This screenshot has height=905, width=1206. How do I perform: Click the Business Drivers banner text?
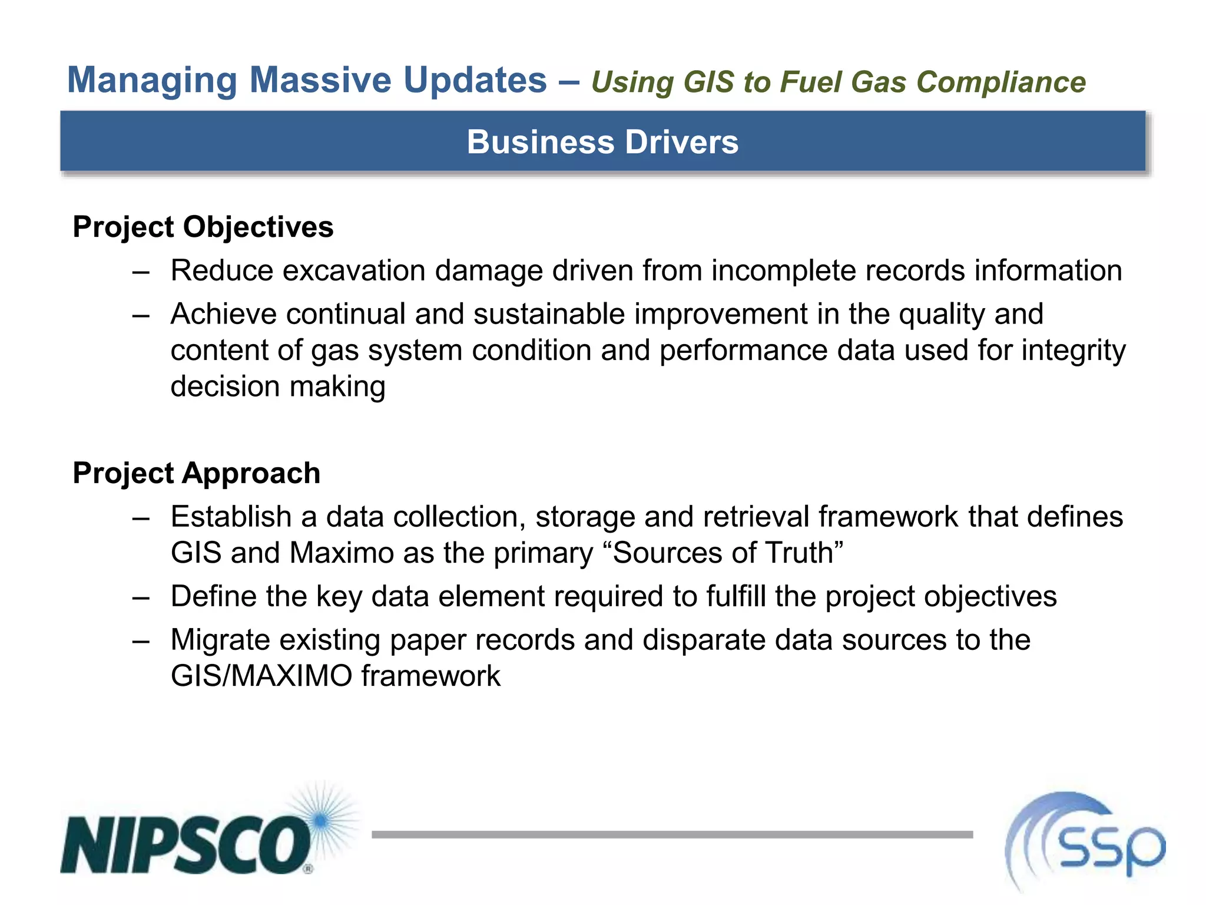point(602,142)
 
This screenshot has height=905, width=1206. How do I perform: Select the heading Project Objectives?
point(203,227)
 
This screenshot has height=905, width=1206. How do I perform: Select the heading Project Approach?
point(196,474)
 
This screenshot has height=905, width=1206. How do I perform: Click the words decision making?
point(278,387)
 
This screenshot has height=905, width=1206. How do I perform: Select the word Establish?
point(231,517)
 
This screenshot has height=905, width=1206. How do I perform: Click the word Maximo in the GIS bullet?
point(342,553)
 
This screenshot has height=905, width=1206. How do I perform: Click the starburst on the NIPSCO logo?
point(322,820)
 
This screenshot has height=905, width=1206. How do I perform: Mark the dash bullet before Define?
point(141,597)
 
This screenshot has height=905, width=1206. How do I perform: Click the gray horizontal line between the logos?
point(671,834)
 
